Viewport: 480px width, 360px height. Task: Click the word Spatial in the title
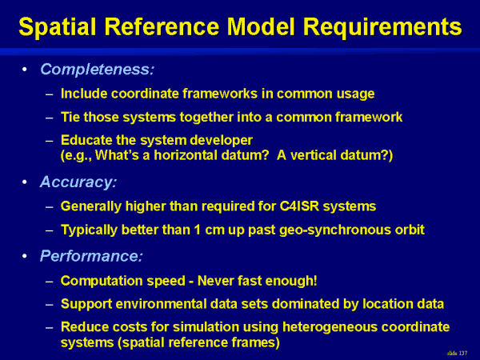point(58,27)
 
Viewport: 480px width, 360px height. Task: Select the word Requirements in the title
point(382,27)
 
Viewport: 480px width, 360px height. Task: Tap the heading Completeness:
point(97,70)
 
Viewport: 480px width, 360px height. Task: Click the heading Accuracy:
point(78,182)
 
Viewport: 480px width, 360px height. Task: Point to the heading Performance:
point(91,256)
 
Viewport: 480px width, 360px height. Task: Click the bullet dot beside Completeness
point(25,70)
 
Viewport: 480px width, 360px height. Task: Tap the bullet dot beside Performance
point(25,256)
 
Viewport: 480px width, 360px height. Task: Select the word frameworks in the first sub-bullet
point(220,94)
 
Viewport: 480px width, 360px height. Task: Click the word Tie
point(70,117)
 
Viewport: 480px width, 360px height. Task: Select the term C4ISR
point(299,206)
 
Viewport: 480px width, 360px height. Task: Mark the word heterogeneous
point(330,327)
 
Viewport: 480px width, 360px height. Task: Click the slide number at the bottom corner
point(457,353)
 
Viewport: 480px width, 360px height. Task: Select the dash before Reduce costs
point(50,327)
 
